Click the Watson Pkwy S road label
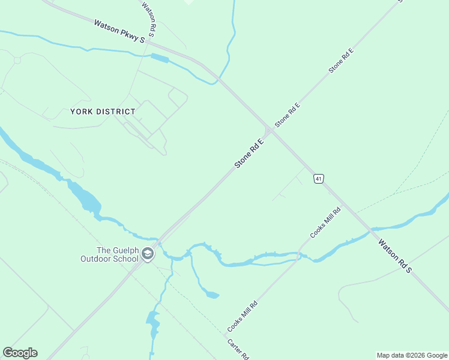coord(119,31)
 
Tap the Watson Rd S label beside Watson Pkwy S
coord(149,17)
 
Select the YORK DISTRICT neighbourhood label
coord(103,112)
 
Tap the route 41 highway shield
coord(318,179)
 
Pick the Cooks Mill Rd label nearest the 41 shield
coord(325,222)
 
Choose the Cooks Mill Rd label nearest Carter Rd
coord(242,316)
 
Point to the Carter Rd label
coord(238,349)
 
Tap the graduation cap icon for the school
coord(148,254)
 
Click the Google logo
coord(20,353)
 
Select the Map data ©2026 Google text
coord(412,355)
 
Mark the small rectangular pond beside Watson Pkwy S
coord(160,58)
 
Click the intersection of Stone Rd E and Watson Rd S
coord(268,130)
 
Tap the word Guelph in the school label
coord(127,250)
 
